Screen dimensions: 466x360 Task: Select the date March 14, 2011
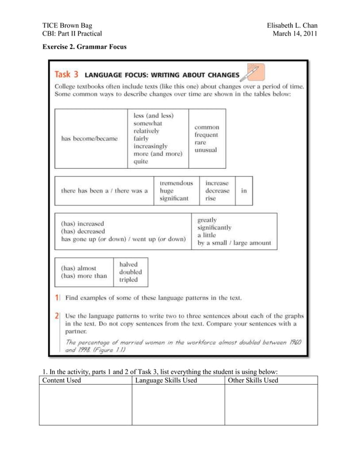coord(295,34)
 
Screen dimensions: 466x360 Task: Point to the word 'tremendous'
coord(177,183)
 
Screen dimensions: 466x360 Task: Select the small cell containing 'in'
coord(244,191)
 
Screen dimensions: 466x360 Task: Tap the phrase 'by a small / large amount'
coord(226,244)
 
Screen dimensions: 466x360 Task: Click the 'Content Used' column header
coord(62,380)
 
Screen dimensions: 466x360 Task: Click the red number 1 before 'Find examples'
coord(58,297)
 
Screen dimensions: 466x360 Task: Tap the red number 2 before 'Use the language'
coord(58,316)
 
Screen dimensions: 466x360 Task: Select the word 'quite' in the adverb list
coord(141,161)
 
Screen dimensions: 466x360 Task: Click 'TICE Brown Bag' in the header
coord(67,25)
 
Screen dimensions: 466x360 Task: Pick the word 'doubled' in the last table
coord(131,272)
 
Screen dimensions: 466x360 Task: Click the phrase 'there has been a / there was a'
coord(104,191)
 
